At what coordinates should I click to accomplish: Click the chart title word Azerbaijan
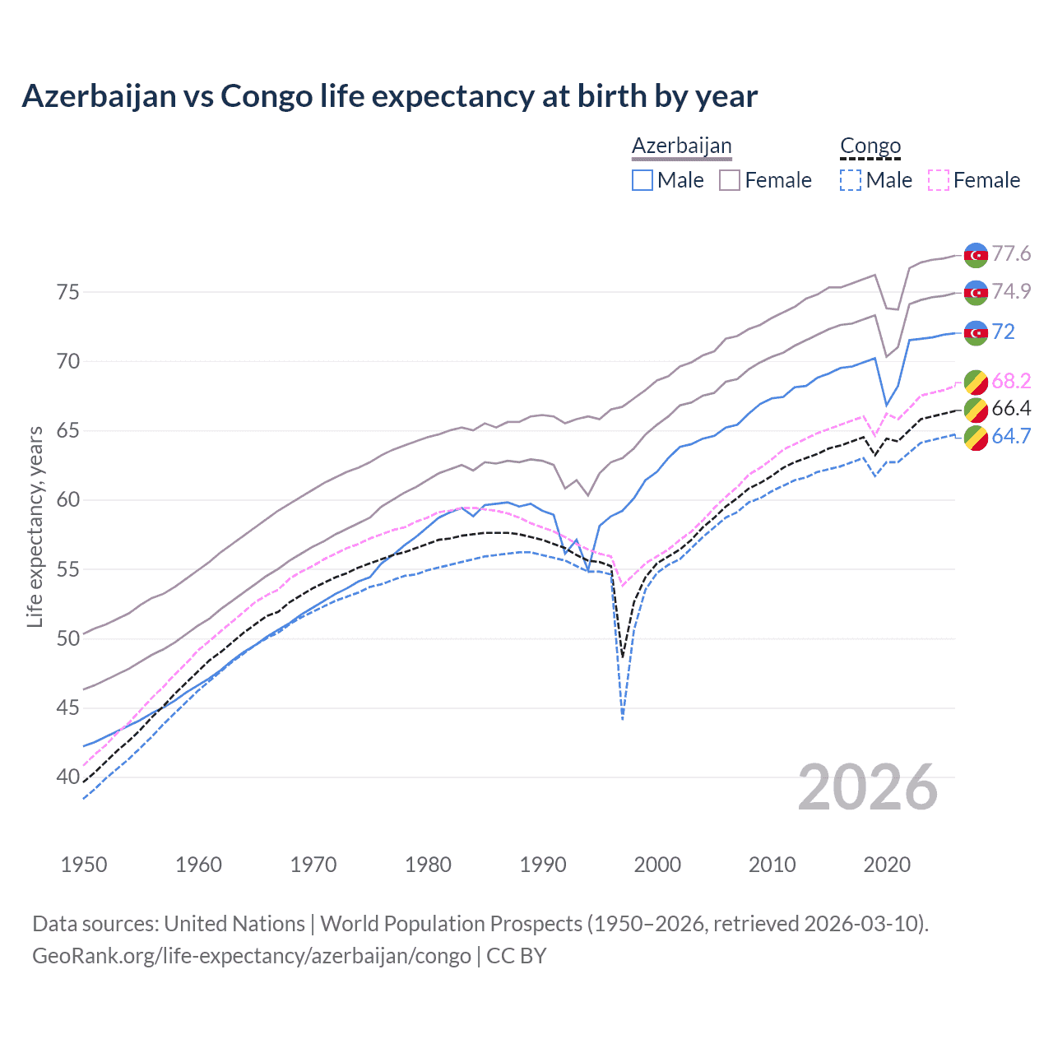pos(99,96)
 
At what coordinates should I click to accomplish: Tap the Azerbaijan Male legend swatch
pos(642,180)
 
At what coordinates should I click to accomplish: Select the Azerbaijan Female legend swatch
pos(730,180)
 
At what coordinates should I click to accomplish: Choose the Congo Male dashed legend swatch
pos(851,180)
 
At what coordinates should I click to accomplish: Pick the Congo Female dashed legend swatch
pos(939,180)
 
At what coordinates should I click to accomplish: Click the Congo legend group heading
pos(870,146)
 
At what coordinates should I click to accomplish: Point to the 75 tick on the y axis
pos(67,292)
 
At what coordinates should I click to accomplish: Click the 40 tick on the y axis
pos(67,777)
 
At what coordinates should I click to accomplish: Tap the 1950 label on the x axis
pos(84,865)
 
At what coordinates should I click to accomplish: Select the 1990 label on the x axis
pos(543,865)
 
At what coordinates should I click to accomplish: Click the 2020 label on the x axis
pos(887,865)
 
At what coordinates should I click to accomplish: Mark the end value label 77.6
pos(1011,253)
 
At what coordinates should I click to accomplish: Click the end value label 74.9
pos(1011,291)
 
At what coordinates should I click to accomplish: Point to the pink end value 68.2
pos(1011,381)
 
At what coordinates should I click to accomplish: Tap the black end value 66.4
pos(1011,409)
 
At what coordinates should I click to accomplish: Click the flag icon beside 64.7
pos(976,438)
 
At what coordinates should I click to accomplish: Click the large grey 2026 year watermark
pos(868,787)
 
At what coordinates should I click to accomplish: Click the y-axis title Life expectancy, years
pos(35,526)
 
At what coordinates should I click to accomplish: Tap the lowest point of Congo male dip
pos(623,720)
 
